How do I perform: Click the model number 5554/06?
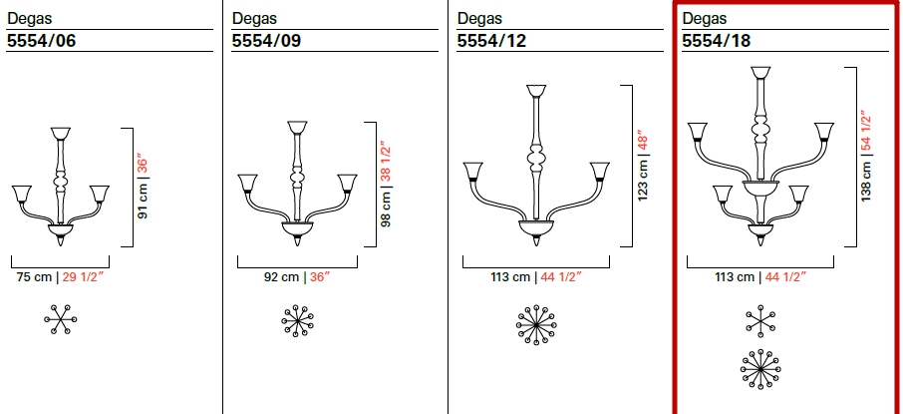click(41, 41)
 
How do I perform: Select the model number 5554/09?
click(266, 41)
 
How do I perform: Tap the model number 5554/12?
click(491, 41)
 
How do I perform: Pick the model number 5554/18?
click(717, 41)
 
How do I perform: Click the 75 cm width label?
click(34, 277)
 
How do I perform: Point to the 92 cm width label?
click(282, 277)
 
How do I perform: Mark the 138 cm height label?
click(866, 179)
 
